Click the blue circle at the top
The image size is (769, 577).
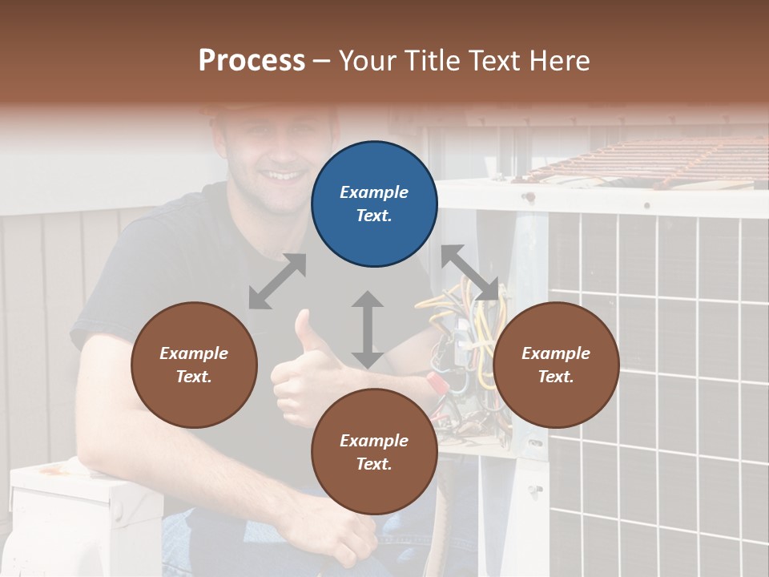click(x=374, y=204)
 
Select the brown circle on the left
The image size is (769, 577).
click(x=194, y=365)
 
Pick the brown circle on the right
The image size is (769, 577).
click(x=556, y=365)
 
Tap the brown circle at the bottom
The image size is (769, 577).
click(x=374, y=452)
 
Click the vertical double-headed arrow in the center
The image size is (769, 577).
click(x=368, y=329)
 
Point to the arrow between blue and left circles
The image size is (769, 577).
click(x=277, y=281)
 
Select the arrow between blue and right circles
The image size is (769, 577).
click(x=470, y=272)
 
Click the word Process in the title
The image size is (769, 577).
click(x=252, y=61)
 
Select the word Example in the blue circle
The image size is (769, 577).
click(x=374, y=192)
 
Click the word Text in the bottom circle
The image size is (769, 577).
click(x=372, y=464)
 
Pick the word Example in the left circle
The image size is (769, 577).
click(x=194, y=353)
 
